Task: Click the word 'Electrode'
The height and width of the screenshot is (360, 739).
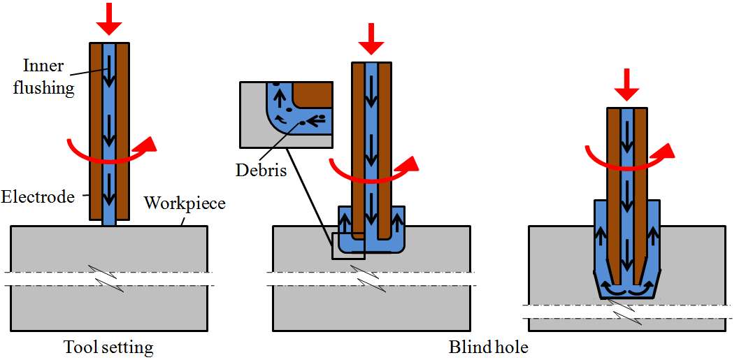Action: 37,197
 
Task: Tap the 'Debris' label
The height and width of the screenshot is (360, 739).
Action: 261,170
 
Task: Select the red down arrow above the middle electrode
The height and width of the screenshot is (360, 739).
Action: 371,39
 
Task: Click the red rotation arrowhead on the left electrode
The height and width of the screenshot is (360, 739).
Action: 147,144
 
